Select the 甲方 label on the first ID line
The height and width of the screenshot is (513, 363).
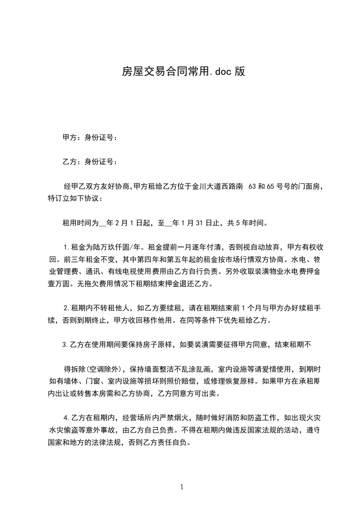click(x=69, y=137)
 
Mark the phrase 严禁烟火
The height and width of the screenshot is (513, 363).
click(x=177, y=417)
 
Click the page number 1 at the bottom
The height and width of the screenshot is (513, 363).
click(x=182, y=487)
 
